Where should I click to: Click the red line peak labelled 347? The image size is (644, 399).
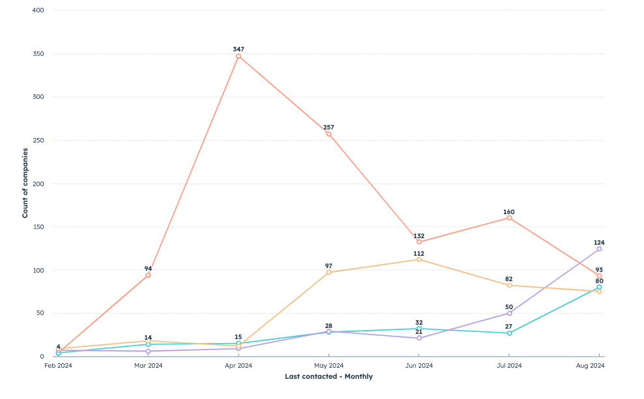click(239, 56)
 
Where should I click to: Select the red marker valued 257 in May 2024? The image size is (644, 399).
click(329, 134)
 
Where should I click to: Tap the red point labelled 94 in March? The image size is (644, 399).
click(148, 275)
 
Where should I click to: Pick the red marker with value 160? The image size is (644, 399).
click(509, 217)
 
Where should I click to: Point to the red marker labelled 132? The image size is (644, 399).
click(419, 241)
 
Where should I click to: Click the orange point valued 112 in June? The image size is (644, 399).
click(419, 259)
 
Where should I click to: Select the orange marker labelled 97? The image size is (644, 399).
click(329, 272)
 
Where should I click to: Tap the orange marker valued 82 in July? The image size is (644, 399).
click(509, 285)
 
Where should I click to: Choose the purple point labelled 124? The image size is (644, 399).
click(599, 249)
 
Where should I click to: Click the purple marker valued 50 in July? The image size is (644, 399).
click(509, 313)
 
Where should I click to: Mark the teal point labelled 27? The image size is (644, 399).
click(509, 333)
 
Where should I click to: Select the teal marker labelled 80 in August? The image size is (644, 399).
click(599, 287)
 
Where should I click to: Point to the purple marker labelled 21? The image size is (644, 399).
click(419, 338)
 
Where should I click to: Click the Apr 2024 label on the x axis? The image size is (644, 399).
click(239, 366)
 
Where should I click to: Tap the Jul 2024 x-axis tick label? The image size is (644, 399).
click(509, 366)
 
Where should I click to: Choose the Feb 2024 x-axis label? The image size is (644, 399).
click(58, 366)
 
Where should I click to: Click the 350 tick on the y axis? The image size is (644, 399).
click(38, 54)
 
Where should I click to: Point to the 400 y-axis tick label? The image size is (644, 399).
click(38, 10)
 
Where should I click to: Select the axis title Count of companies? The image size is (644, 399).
click(25, 183)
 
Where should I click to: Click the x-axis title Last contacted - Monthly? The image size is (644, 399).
click(329, 376)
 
